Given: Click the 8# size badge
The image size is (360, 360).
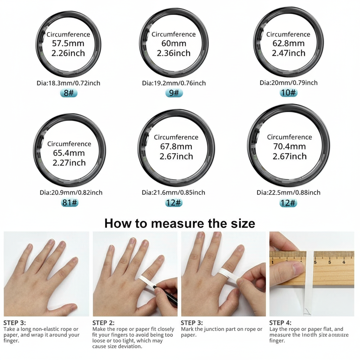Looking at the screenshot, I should click(69, 93).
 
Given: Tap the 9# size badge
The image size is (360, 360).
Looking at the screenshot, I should click(174, 93).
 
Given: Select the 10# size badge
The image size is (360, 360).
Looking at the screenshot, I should click(289, 93).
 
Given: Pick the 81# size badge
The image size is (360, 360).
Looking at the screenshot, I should click(70, 202).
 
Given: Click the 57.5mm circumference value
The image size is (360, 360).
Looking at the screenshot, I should click(68, 44).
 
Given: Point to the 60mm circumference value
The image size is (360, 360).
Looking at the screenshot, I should click(174, 44).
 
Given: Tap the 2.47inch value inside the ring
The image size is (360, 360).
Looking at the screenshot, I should click(289, 53).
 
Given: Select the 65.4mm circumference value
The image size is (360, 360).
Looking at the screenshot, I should click(69, 153).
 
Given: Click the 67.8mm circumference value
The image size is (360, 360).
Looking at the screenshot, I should click(176, 147).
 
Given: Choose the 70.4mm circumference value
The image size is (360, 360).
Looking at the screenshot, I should click(289, 147).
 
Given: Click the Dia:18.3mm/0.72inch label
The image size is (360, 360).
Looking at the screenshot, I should click(69, 83).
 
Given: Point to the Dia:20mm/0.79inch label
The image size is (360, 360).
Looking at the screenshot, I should click(289, 83).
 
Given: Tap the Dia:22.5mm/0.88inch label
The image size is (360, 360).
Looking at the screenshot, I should click(289, 192).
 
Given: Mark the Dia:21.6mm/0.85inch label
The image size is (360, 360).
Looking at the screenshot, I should click(174, 192).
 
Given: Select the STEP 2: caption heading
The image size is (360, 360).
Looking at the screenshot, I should click(104, 323).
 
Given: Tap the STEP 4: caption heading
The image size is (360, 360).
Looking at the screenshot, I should click(280, 323).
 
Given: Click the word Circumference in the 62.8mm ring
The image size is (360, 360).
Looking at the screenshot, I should click(288, 34).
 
